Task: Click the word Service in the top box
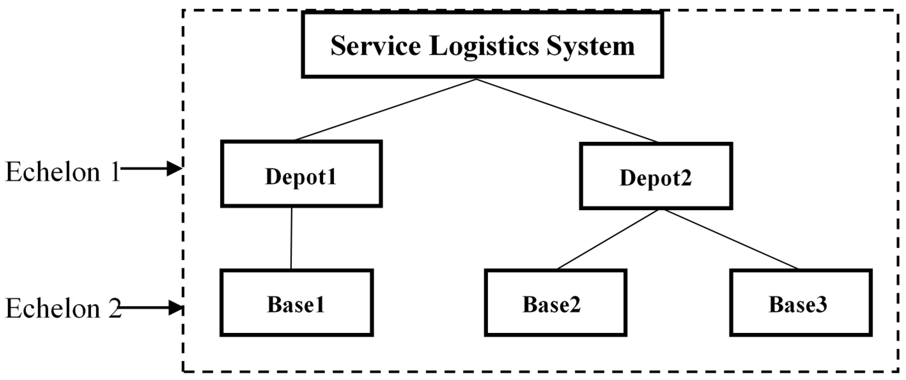pyautogui.click(x=375, y=46)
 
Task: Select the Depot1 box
pyautogui.click(x=301, y=174)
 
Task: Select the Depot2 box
pyautogui.click(x=656, y=176)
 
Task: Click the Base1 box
pyautogui.click(x=297, y=303)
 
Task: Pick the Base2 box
pyautogui.click(x=555, y=303)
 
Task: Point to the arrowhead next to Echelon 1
pyautogui.click(x=174, y=168)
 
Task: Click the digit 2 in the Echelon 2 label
pyautogui.click(x=115, y=309)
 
